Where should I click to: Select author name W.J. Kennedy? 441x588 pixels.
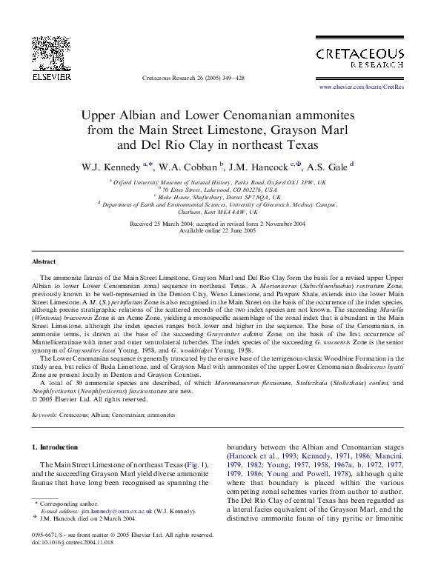point(112,166)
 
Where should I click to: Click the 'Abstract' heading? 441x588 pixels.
point(44,262)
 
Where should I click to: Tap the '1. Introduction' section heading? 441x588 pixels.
point(58,447)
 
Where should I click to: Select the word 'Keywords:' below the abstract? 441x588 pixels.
point(45,415)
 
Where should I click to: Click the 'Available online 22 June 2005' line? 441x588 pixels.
point(219,230)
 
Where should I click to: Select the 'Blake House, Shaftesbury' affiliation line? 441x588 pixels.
point(221,198)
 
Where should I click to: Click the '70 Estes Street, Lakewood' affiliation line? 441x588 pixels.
point(221,190)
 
